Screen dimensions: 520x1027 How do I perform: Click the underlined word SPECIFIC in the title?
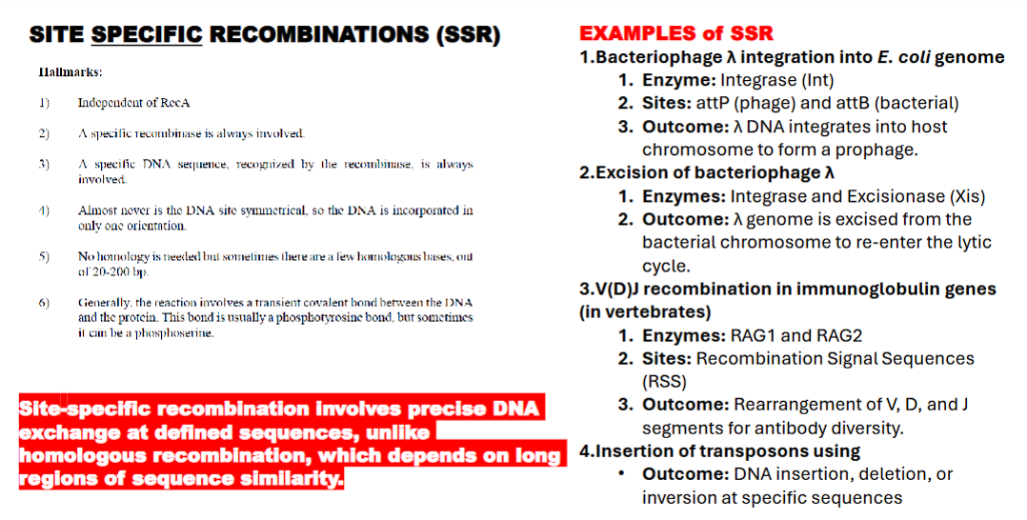(x=147, y=35)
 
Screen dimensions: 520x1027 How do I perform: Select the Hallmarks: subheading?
(x=70, y=71)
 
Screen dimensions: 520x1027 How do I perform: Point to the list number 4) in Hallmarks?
(x=44, y=210)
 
